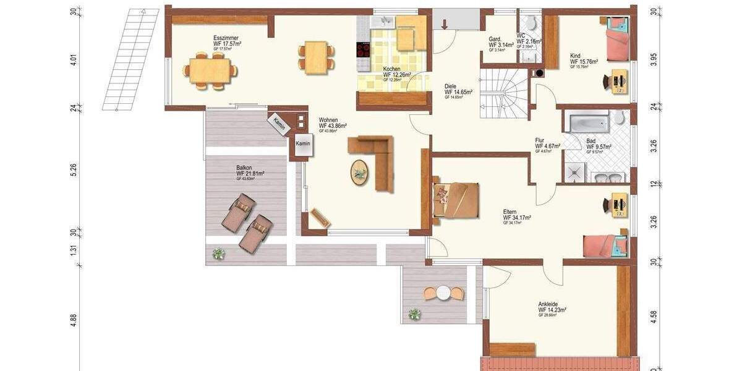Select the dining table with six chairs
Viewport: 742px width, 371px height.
click(x=210, y=70)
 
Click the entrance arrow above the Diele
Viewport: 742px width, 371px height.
click(x=444, y=23)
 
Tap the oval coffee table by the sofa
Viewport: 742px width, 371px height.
click(x=359, y=172)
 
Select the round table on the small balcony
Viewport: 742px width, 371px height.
click(x=443, y=292)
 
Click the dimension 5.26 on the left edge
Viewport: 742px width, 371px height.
click(x=74, y=170)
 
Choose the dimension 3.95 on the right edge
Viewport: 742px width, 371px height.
click(x=654, y=60)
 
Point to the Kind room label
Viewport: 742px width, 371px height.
click(x=575, y=56)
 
